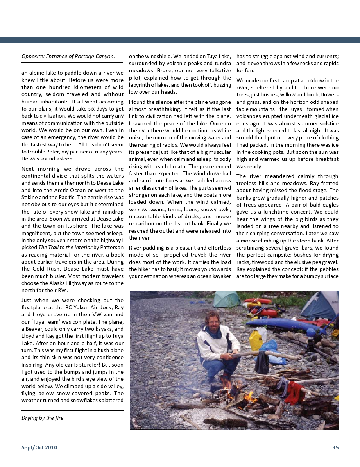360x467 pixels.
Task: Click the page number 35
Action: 335,447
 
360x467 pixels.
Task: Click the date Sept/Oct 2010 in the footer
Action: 39,447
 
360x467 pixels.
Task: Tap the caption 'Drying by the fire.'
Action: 43,418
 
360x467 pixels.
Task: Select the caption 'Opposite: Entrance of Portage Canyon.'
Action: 68,57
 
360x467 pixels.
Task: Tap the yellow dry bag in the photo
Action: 256,340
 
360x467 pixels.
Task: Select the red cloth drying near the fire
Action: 295,393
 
